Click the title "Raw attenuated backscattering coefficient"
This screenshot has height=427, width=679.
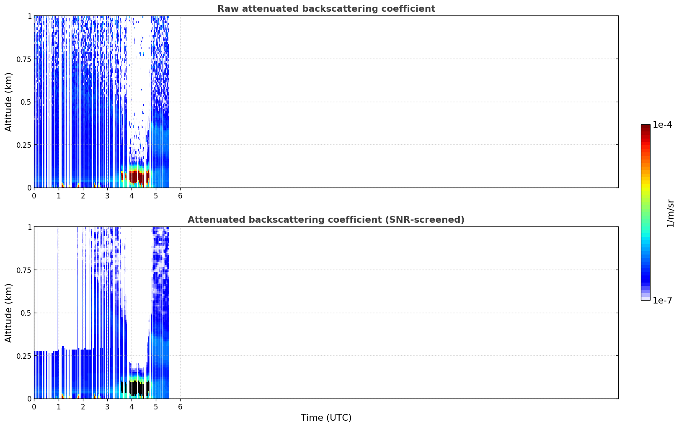tap(326, 8)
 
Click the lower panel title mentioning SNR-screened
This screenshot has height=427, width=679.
tap(326, 219)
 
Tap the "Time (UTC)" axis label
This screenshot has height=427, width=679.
tap(326, 418)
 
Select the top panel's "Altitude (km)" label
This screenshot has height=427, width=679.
tap(8, 102)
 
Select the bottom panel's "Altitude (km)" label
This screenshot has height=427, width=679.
tap(8, 313)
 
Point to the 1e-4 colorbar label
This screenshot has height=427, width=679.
tap(662, 124)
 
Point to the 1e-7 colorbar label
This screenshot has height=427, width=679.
tap(662, 301)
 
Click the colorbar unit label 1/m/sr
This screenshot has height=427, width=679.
tap(670, 213)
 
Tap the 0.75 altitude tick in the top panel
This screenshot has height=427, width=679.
tap(23, 59)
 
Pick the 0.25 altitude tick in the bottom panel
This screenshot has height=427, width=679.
tap(23, 356)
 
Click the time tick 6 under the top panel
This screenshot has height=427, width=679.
tap(180, 196)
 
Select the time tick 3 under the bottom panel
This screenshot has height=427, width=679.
tap(107, 407)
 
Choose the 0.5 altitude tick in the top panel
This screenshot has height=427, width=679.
tap(26, 102)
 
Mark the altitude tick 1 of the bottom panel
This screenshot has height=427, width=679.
tap(29, 227)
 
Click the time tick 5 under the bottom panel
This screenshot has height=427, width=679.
tap(156, 407)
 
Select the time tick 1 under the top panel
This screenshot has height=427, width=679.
tap(59, 196)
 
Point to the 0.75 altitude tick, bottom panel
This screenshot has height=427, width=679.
tap(23, 270)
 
